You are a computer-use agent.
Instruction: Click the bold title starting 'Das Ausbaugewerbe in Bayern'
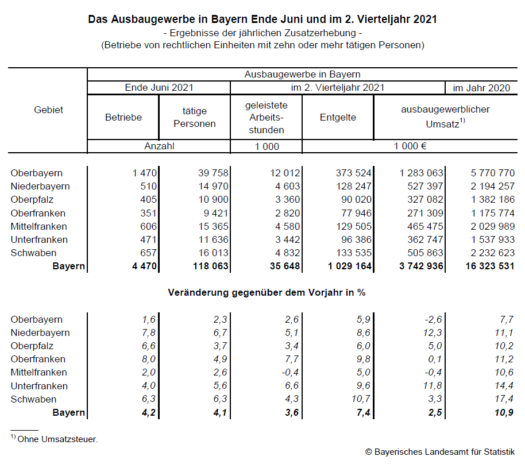coord(262,20)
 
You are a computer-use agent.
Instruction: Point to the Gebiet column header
coord(48,110)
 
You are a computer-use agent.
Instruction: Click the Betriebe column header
coord(123,117)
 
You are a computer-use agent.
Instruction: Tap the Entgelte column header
coord(338,117)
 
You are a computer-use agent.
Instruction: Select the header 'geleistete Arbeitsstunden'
coord(266,117)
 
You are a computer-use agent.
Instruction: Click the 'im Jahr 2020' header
coord(481,88)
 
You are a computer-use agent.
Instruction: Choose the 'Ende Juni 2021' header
coord(159,88)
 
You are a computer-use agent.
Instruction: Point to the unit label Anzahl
coord(159,146)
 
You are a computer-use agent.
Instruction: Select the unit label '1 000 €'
coord(410,146)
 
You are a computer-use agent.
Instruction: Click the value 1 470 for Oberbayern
coord(145,173)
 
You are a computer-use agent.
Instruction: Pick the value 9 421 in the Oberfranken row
coord(216,213)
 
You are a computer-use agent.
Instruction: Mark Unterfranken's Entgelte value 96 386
coord(353,239)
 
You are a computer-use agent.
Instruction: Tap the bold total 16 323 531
coord(490,266)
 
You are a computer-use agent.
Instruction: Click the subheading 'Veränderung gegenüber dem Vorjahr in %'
coord(267,292)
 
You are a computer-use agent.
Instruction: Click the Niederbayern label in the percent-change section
coord(40,332)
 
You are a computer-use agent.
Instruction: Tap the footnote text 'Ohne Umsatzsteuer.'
coord(57,439)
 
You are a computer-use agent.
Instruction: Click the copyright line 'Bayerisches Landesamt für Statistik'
coord(439,452)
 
